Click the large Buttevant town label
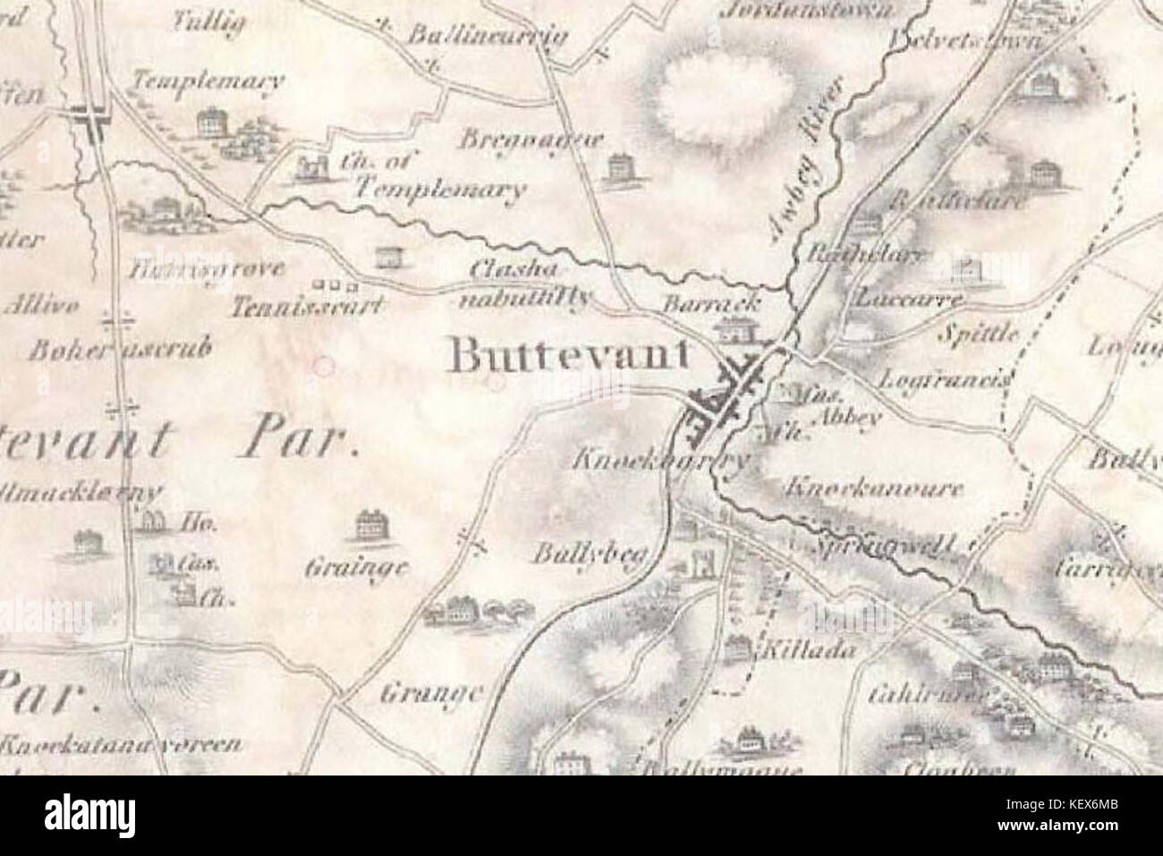tap(572, 355)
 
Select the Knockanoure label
tap(874, 489)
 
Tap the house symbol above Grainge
tap(367, 526)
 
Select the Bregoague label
tap(534, 140)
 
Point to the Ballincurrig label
tap(488, 36)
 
